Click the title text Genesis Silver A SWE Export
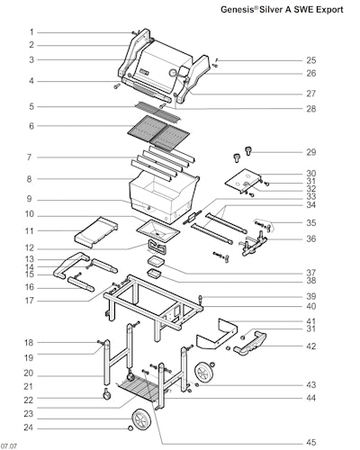point(282,9)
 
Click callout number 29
point(311,152)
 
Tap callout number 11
point(29,231)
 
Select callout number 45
point(311,443)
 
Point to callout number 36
point(311,239)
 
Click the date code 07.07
point(9,446)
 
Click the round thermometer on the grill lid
point(173,73)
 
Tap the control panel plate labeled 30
point(243,181)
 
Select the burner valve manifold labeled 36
point(254,243)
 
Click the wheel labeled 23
point(141,419)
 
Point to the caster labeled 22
point(106,394)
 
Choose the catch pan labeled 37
point(157,261)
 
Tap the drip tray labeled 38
point(154,274)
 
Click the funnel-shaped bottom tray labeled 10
point(157,231)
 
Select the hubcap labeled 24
point(130,427)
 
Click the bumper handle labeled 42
point(250,343)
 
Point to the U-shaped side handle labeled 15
point(71,265)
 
